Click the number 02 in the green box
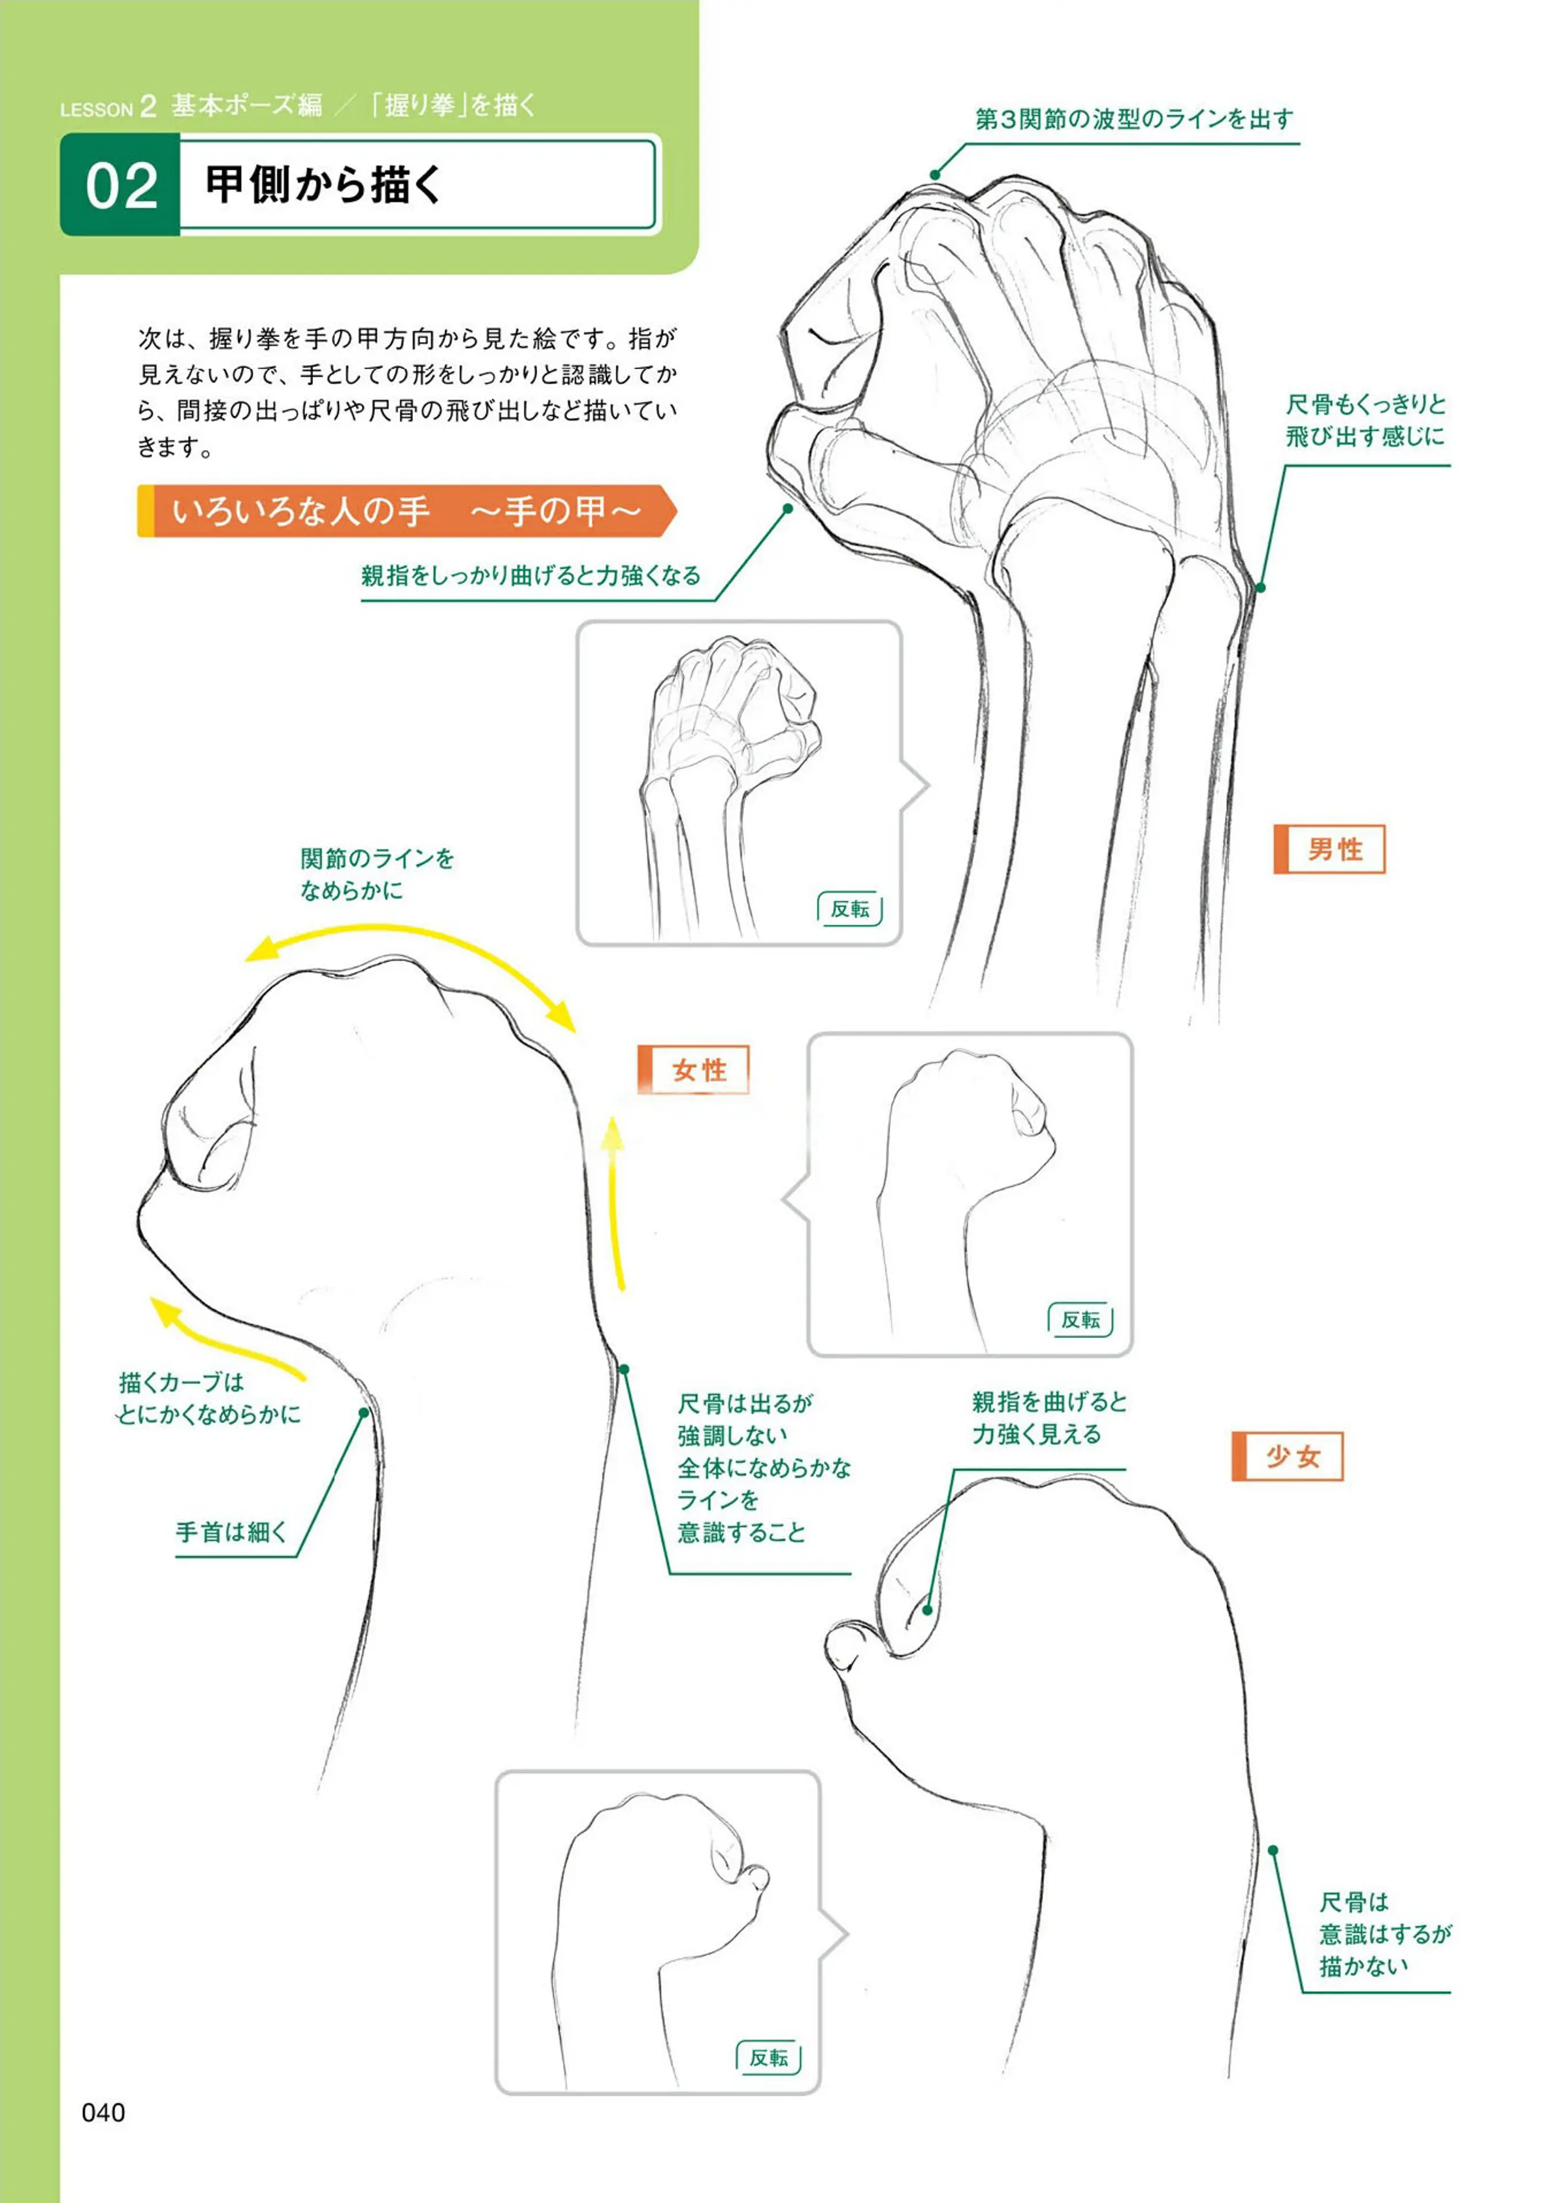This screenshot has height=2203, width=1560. pos(121,185)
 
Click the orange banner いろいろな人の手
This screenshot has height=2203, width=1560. pos(407,510)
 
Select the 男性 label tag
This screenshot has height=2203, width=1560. pos(1329,849)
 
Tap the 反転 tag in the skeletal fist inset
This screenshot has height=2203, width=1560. pos(850,909)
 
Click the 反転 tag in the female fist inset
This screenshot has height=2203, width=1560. pos(1081,1319)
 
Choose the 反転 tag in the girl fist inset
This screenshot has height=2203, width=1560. pos(768,2058)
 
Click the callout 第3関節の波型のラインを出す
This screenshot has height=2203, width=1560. pos(1135,119)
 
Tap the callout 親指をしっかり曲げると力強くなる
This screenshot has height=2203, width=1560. pos(531,575)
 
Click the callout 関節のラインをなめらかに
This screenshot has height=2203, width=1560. pos(376,874)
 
